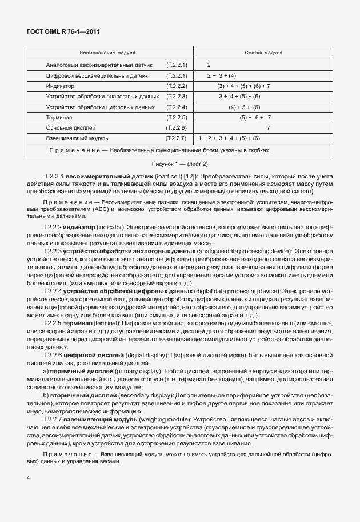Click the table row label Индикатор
60,86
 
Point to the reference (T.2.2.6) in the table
177,127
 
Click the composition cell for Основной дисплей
268,127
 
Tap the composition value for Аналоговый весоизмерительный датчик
209,65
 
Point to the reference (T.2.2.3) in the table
177,96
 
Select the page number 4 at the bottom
28,476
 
